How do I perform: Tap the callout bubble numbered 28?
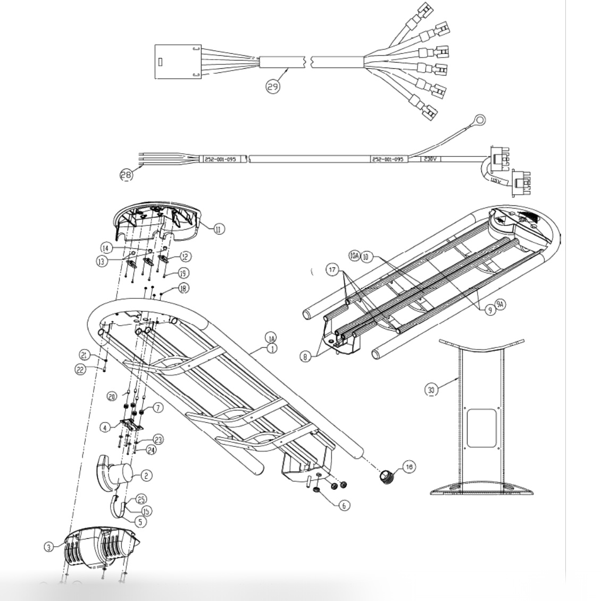tap(126, 176)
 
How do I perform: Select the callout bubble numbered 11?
tap(219, 229)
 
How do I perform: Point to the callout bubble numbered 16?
tap(408, 467)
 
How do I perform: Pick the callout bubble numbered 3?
tap(48, 546)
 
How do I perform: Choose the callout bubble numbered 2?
tap(147, 476)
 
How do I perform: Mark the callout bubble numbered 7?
tap(157, 408)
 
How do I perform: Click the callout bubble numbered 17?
tap(332, 270)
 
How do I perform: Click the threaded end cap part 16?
tap(388, 475)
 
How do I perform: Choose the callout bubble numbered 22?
tap(80, 371)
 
